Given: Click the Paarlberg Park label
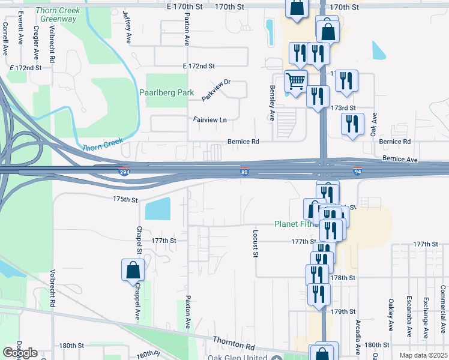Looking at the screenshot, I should point(166,93).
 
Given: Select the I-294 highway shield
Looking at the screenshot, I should point(124,172).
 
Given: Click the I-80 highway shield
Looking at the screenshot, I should point(245,172).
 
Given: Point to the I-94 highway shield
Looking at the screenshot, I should point(358,172).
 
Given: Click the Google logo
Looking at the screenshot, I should point(20,353).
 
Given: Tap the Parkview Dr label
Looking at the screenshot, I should point(215,90).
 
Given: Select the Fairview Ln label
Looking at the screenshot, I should point(210,120).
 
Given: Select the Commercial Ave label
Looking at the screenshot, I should point(443,309).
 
